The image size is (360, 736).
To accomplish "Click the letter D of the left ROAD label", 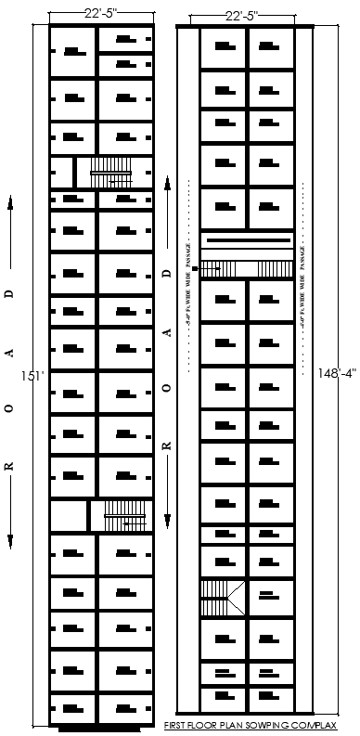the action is tap(10, 293).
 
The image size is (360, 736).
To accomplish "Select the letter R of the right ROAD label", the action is tap(167, 446).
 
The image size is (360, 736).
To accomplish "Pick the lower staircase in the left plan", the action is tap(125, 515).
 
